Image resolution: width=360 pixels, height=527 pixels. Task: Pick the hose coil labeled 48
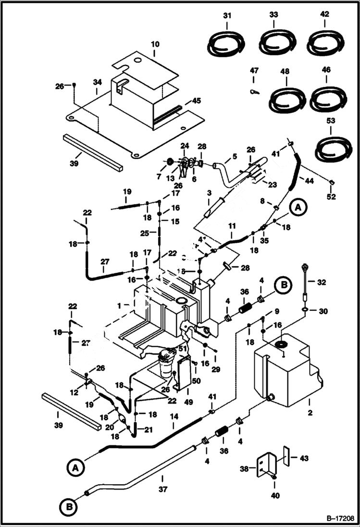click(287, 99)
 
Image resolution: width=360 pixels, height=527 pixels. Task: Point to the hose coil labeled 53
click(333, 149)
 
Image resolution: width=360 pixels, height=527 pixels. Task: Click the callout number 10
click(155, 44)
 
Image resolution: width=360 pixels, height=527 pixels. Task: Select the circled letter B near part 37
click(68, 506)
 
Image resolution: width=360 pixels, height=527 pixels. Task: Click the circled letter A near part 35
click(298, 208)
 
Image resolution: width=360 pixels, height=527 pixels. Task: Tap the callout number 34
click(98, 83)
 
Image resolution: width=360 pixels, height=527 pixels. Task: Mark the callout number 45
click(196, 101)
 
